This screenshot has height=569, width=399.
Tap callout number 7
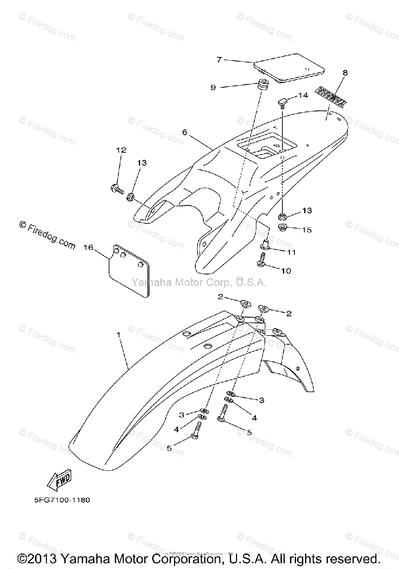(219, 60)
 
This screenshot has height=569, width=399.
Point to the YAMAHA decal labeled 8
(331, 98)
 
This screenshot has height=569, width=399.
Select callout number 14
(303, 95)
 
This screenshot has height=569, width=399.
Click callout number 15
(307, 230)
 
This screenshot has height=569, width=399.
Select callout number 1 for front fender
(118, 334)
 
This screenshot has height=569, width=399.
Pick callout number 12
(120, 150)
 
